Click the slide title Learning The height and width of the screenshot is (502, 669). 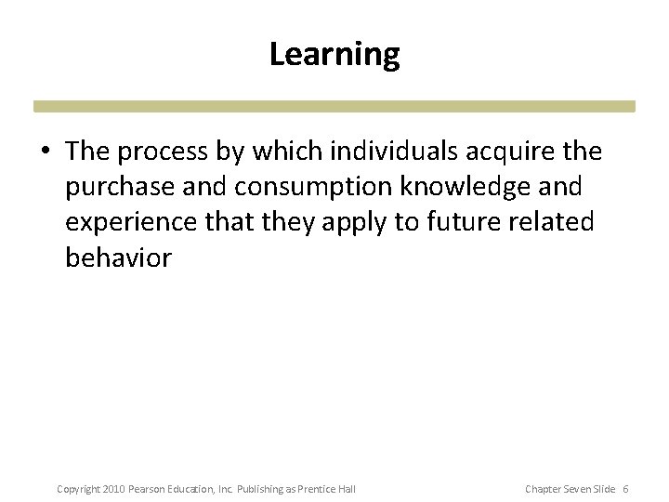(334, 55)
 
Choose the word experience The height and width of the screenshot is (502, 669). (127, 222)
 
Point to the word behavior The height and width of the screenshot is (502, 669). (118, 258)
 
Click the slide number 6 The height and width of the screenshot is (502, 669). (625, 488)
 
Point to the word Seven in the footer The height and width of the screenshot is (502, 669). (573, 488)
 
